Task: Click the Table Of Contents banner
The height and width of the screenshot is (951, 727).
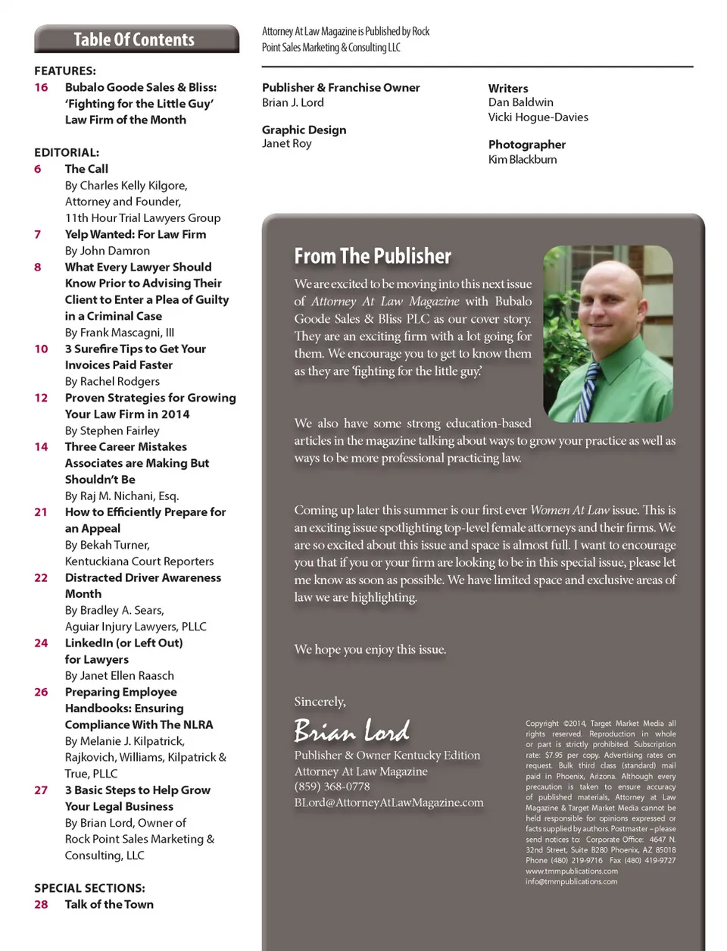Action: click(x=136, y=39)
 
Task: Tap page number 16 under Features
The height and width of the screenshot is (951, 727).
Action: click(x=41, y=87)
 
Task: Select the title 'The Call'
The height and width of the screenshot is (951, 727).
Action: click(x=86, y=169)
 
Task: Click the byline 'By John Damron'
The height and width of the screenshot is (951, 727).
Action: click(x=108, y=251)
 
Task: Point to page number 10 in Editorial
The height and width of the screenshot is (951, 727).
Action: click(x=41, y=349)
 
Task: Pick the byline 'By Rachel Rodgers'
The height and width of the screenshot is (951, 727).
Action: click(x=112, y=381)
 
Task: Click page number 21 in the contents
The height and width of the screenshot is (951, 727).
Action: click(x=41, y=512)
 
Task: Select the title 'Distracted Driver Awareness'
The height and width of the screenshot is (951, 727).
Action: click(x=143, y=577)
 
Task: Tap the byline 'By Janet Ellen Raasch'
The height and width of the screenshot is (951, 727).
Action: click(x=120, y=675)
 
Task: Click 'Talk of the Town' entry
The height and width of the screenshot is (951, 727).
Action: click(x=109, y=904)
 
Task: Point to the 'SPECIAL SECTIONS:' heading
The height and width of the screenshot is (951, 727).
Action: click(x=89, y=888)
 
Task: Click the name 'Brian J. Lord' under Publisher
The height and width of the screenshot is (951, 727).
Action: click(x=293, y=103)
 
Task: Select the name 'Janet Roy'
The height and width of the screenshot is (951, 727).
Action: click(x=287, y=144)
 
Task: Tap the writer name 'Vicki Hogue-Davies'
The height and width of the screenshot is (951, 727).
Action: click(x=538, y=117)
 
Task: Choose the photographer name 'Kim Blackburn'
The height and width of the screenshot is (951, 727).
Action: click(x=523, y=160)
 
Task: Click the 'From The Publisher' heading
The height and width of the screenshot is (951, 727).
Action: click(x=373, y=256)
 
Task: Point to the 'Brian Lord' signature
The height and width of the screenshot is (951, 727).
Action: click(x=352, y=730)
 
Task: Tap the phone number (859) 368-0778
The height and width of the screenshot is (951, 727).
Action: click(x=332, y=787)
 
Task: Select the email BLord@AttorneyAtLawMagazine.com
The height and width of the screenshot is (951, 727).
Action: click(x=388, y=802)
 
